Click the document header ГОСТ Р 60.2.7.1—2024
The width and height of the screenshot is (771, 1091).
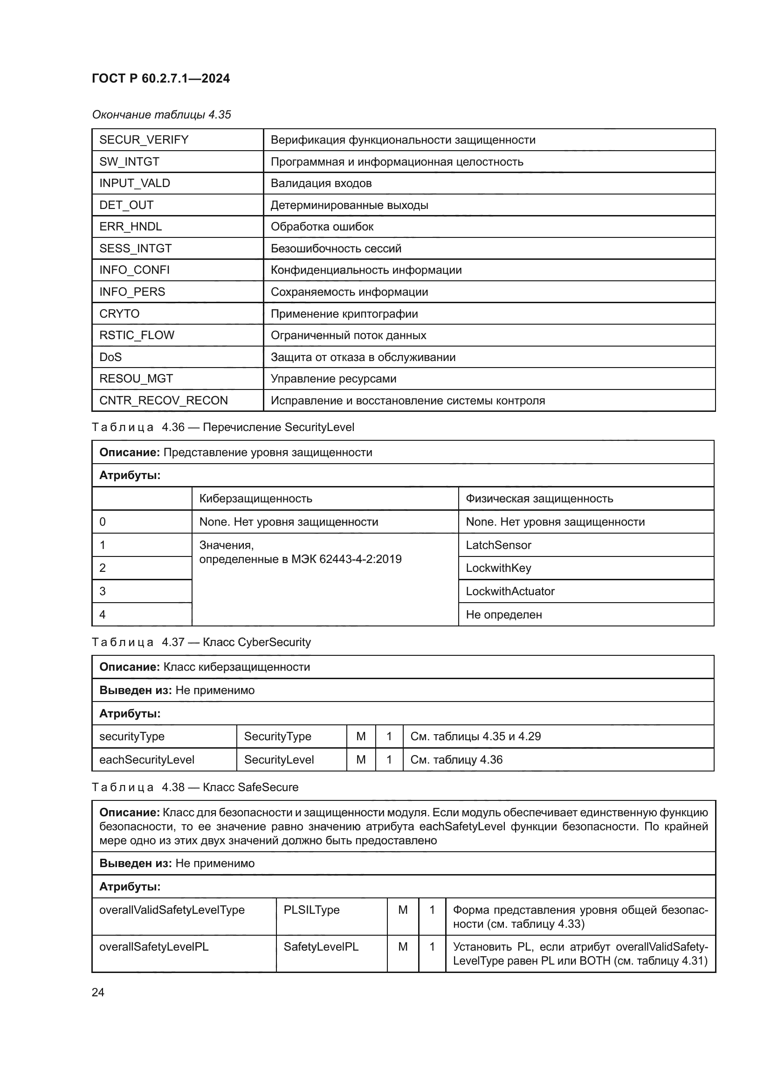pos(160,78)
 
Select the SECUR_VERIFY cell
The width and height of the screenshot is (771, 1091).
pos(144,140)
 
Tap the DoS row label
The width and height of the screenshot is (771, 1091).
pos(110,357)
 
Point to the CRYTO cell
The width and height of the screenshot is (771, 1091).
pos(119,313)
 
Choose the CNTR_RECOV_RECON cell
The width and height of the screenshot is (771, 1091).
pos(163,400)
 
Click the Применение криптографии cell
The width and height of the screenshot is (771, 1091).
pos(344,313)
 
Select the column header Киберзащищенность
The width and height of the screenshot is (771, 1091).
pos(255,499)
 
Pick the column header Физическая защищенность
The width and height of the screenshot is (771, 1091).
pos(539,499)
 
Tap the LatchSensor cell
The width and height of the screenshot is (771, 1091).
pos(498,545)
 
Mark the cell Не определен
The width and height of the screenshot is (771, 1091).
pos(503,614)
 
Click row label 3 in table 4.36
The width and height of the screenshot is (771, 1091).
pos(103,591)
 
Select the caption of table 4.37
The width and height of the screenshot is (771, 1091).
pos(201,642)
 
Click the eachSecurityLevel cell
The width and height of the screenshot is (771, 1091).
pos(147,759)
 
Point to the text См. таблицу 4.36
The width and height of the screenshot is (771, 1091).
pos(456,759)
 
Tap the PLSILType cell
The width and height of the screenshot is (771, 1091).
pos(311,910)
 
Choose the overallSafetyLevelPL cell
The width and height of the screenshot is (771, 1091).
pos(154,946)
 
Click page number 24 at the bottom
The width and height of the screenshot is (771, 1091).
pos(98,992)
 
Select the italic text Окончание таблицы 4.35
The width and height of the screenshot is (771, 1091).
pos(161,115)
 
